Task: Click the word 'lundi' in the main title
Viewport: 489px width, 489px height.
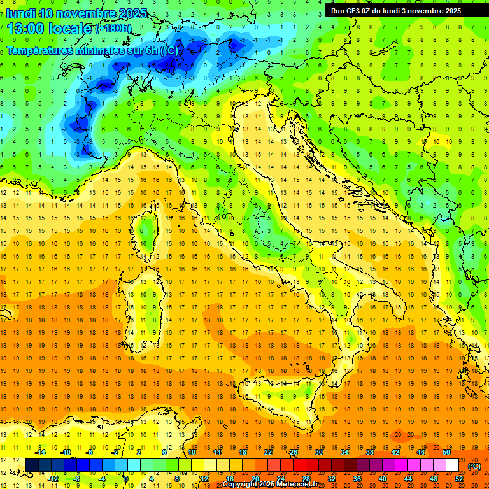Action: click(20, 13)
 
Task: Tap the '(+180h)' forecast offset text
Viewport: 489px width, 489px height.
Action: click(113, 29)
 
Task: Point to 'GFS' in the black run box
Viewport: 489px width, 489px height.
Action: click(355, 10)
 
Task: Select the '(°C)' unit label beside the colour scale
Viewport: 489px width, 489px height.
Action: click(474, 466)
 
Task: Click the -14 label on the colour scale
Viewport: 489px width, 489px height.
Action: click(41, 452)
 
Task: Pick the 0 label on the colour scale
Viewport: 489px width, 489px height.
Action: click(126, 478)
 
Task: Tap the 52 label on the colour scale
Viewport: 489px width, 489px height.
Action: click(460, 478)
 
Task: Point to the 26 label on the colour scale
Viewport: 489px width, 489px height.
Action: click(293, 452)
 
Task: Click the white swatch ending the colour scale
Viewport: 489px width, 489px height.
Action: click(452, 465)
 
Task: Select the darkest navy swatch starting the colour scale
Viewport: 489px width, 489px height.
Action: click(32, 465)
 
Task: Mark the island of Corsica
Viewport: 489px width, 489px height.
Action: click(148, 229)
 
